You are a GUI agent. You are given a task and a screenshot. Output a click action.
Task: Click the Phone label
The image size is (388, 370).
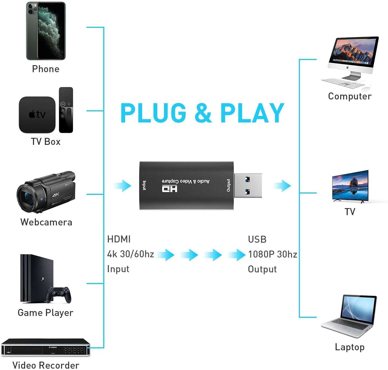[46, 69]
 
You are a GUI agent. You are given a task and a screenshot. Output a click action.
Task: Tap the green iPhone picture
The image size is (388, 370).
[46, 31]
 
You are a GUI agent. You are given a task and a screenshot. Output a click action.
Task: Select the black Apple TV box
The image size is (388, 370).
[37, 115]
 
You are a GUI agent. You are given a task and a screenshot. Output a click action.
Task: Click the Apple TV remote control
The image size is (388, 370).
[66, 110]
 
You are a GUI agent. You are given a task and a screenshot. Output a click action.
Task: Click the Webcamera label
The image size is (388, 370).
[46, 222]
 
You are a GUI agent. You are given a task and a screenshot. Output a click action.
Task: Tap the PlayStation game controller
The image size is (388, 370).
[59, 294]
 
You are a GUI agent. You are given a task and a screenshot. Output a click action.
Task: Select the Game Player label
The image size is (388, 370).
[45, 313]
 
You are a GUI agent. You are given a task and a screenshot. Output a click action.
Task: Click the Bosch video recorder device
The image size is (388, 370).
[45, 347]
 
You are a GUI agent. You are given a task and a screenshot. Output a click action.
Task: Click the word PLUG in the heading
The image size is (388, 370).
[153, 113]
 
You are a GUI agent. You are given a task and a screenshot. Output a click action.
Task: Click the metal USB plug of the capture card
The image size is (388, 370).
[248, 185]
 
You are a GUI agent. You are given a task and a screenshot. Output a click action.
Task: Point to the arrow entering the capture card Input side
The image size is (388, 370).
[123, 186]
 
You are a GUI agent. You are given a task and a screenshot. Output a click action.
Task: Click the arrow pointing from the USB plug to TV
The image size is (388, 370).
[282, 186]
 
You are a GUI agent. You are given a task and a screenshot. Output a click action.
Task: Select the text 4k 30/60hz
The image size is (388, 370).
[131, 254]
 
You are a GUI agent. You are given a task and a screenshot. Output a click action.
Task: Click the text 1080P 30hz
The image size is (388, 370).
[273, 254]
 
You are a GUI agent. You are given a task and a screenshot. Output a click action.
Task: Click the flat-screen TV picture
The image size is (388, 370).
[350, 186]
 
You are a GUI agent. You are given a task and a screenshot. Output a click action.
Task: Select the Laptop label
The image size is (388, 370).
[350, 347]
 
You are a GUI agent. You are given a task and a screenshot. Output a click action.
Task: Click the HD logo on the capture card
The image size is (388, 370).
[170, 188]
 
